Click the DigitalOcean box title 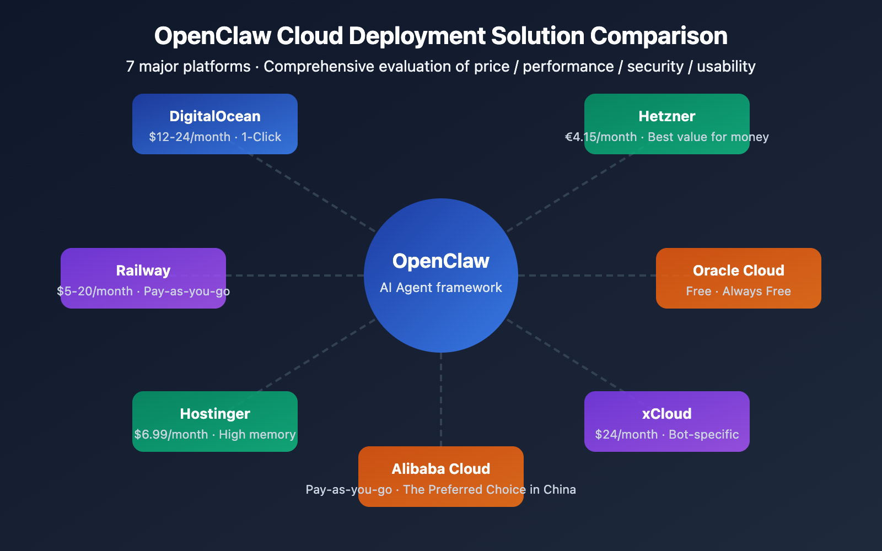click(215, 116)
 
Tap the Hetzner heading click(666, 116)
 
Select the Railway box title click(143, 271)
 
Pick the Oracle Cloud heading click(738, 271)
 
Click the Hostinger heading click(215, 414)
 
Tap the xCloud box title click(666, 414)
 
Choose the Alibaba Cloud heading click(441, 469)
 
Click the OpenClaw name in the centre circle click(441, 261)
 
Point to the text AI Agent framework click(441, 288)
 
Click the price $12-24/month click(190, 137)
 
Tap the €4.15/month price click(601, 137)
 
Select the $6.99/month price click(171, 435)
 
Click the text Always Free click(756, 291)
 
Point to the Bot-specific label click(703, 435)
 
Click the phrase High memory click(257, 435)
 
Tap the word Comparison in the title click(659, 36)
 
